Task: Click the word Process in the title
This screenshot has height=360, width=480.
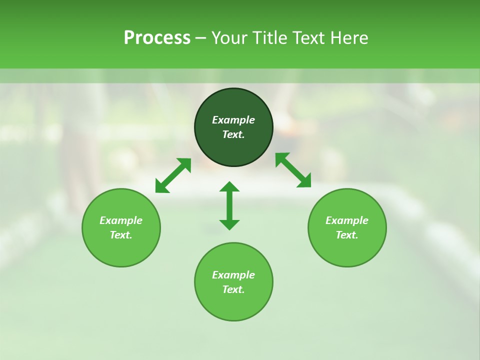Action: pyautogui.click(x=157, y=38)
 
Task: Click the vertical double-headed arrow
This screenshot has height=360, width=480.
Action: pyautogui.click(x=229, y=205)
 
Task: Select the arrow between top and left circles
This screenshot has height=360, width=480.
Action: pyautogui.click(x=173, y=175)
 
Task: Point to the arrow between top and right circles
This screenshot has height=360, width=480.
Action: pyautogui.click(x=293, y=170)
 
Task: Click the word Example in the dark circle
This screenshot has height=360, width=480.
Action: pyautogui.click(x=233, y=120)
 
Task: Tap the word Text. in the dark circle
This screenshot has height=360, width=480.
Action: pyautogui.click(x=233, y=134)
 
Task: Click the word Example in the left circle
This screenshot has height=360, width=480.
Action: pyautogui.click(x=121, y=220)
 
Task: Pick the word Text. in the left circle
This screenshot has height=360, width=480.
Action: pyautogui.click(x=121, y=235)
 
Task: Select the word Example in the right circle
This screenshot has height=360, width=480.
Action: pyautogui.click(x=347, y=220)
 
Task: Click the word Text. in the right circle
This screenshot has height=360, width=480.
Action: pyautogui.click(x=347, y=235)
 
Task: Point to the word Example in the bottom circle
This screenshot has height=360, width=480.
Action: pyautogui.click(x=233, y=275)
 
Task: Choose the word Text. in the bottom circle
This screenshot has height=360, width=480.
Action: pyautogui.click(x=233, y=289)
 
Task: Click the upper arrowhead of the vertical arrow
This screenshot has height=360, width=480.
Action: pyautogui.click(x=229, y=187)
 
